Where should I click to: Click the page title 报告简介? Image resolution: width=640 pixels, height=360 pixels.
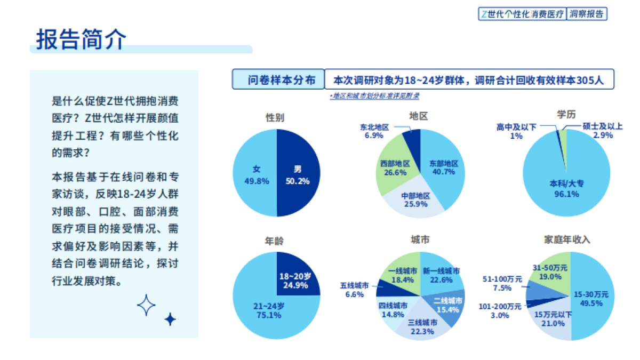[x=81, y=38]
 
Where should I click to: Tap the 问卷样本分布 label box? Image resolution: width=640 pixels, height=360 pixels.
[x=278, y=80]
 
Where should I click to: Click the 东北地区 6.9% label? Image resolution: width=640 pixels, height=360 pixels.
[x=374, y=131]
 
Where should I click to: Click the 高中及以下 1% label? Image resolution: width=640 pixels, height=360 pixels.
[x=516, y=131]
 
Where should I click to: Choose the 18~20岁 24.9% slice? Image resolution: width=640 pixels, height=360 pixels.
[x=294, y=281]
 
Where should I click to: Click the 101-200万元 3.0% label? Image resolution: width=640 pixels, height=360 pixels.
[x=500, y=311]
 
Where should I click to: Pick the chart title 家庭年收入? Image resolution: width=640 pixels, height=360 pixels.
[x=566, y=239]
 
